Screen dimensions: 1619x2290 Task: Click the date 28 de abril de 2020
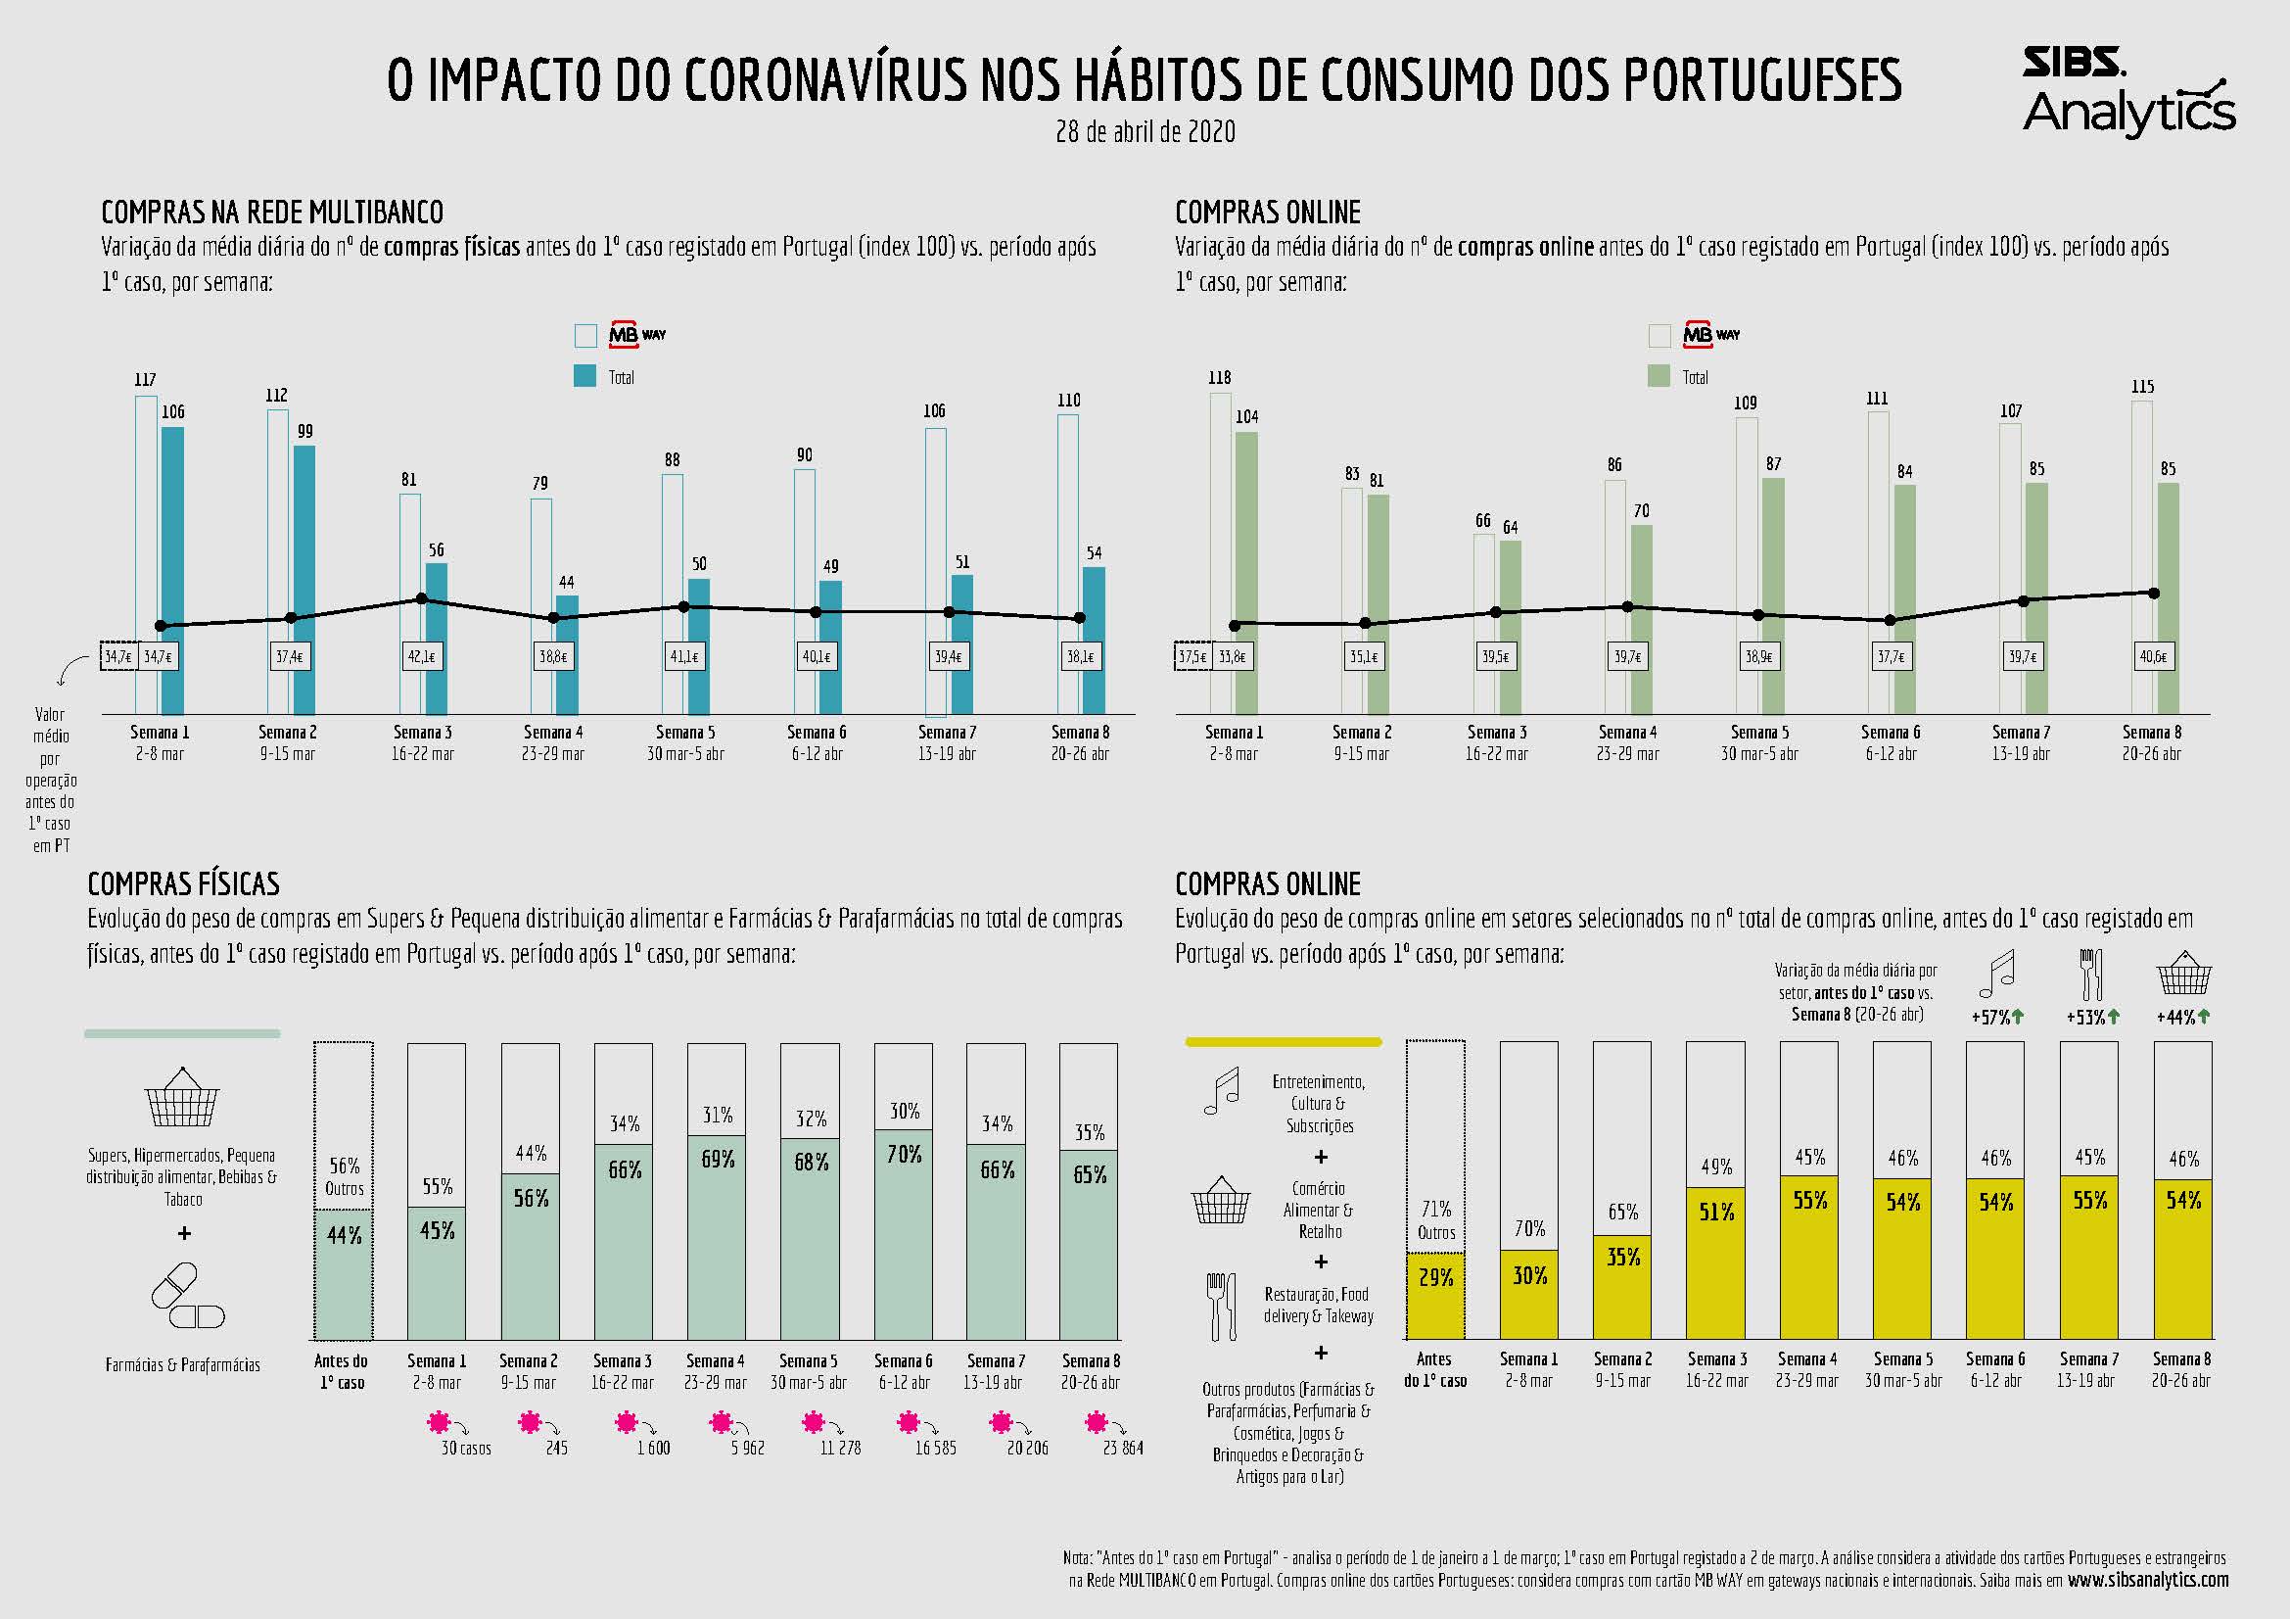(x=1145, y=131)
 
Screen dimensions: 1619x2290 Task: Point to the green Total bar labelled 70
(x=1642, y=618)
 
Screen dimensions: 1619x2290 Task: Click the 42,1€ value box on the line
(x=422, y=657)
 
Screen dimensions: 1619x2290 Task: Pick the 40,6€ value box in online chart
(x=2152, y=657)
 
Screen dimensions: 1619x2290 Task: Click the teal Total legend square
(x=585, y=376)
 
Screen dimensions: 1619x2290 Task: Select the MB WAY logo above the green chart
(x=1711, y=334)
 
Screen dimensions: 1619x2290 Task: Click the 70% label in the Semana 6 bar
(x=904, y=1154)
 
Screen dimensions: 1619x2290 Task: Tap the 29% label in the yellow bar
(x=1435, y=1277)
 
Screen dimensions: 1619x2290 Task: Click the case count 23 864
(x=1123, y=1448)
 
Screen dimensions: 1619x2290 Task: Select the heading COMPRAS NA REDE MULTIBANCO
(x=272, y=213)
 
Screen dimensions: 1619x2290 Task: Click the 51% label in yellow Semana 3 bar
(x=1715, y=1212)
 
